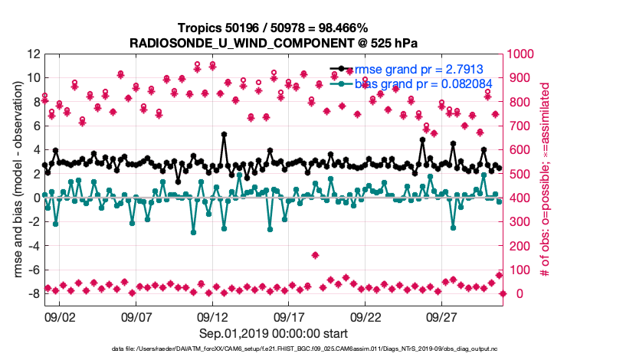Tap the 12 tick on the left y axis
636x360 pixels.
pyautogui.click(x=32, y=54)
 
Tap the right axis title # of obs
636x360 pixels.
pyautogui.click(x=546, y=174)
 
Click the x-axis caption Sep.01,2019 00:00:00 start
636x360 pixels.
pyautogui.click(x=274, y=333)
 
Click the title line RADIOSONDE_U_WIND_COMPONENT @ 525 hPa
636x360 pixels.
pyautogui.click(x=274, y=43)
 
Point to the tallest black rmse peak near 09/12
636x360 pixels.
pyautogui.click(x=224, y=134)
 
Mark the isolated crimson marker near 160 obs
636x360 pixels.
pyautogui.click(x=315, y=255)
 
